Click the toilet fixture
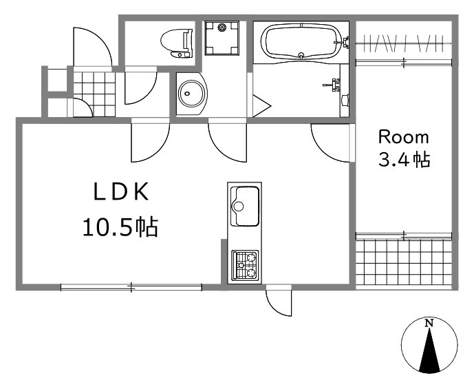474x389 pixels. pyautogui.click(x=177, y=43)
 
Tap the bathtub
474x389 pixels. pyautogui.click(x=301, y=41)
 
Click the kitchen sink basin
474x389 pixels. pyautogui.click(x=244, y=206)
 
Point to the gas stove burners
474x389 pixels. pyautogui.click(x=245, y=265)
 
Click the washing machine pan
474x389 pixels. pyautogui.click(x=222, y=38)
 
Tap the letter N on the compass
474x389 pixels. pyautogui.click(x=429, y=324)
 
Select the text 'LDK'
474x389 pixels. pyautogui.click(x=121, y=191)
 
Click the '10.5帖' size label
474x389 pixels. pyautogui.click(x=120, y=227)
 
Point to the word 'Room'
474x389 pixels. pyautogui.click(x=404, y=137)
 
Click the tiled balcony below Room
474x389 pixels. pyautogui.click(x=404, y=262)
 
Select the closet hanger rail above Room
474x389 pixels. pyautogui.click(x=404, y=44)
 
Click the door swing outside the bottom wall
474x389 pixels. pyautogui.click(x=279, y=303)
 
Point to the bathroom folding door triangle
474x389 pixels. pyautogui.click(x=261, y=106)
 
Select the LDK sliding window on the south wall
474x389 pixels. pyautogui.click(x=131, y=287)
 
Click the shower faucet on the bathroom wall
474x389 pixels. pyautogui.click(x=332, y=85)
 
